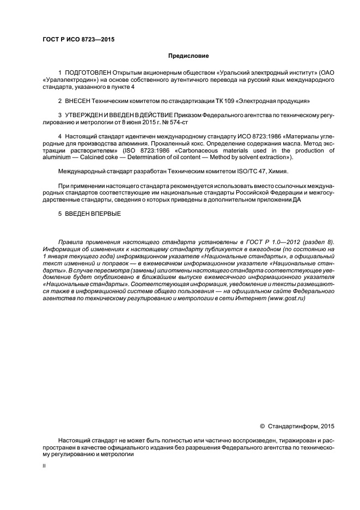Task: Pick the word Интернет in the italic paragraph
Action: (x=240, y=299)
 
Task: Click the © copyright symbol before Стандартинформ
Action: (x=262, y=427)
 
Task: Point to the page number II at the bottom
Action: (x=45, y=466)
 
